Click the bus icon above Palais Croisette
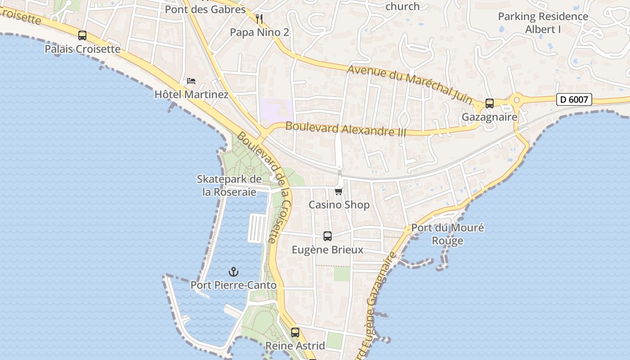[x=82, y=36]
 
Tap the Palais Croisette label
[x=82, y=49]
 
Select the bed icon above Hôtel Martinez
[x=191, y=81]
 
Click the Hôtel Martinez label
[x=191, y=94]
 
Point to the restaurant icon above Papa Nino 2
[x=259, y=18]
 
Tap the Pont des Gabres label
[x=205, y=9]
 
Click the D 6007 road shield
[x=574, y=99]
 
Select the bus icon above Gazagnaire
[x=490, y=103]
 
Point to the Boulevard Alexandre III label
[x=346, y=129]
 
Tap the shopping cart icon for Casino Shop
[x=339, y=191]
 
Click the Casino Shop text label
[x=339, y=205]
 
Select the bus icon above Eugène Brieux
[x=328, y=236]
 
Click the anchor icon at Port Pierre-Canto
[x=233, y=272]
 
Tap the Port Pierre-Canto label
[x=233, y=285]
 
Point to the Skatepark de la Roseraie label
[x=229, y=185]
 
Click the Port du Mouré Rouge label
[x=448, y=234]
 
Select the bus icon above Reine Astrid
[x=295, y=333]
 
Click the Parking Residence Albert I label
[x=543, y=23]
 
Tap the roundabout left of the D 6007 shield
[x=516, y=99]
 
